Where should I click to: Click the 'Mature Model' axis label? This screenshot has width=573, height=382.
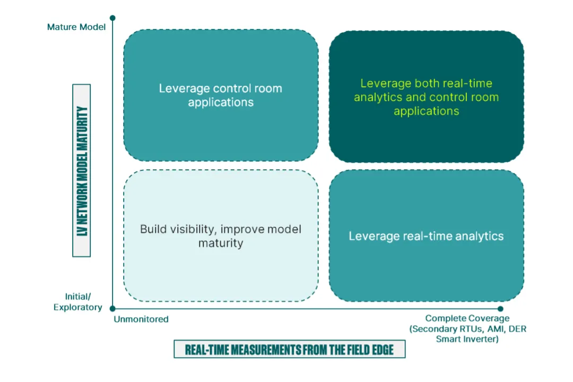[76, 27]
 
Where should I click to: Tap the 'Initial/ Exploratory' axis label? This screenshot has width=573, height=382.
[77, 302]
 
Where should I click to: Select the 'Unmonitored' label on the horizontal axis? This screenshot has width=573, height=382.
[141, 319]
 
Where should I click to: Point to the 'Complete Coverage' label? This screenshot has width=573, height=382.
[467, 318]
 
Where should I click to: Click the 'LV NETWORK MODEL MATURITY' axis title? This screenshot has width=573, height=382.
[82, 171]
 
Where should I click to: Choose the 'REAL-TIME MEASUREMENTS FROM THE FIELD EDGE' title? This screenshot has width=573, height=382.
[289, 350]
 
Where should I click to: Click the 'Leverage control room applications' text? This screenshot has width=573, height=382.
[221, 95]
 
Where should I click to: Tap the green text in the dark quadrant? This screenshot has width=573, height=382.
[426, 97]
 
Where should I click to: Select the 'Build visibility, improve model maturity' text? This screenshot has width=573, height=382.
[221, 236]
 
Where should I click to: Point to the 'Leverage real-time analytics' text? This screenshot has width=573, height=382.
[426, 236]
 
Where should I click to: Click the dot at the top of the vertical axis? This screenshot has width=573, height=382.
[112, 18]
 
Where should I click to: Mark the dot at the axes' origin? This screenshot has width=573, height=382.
[112, 308]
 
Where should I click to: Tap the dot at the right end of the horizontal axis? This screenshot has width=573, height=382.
[500, 308]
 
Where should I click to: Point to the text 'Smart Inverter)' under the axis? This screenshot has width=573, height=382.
[467, 339]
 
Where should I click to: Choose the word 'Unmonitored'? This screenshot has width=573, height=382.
[141, 319]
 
